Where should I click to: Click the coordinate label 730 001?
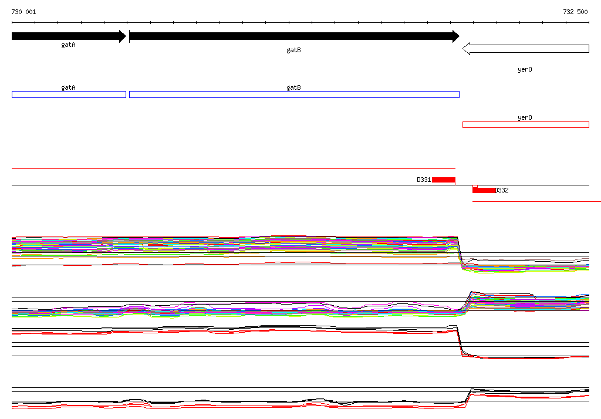23,12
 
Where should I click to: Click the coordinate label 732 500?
575,12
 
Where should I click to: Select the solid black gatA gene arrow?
69,36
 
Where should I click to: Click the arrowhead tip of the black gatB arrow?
459,36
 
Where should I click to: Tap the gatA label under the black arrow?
68,45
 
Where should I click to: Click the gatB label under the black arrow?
293,50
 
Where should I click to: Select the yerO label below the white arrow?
525,69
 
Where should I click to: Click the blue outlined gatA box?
69,94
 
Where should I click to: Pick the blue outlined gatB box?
295,94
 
